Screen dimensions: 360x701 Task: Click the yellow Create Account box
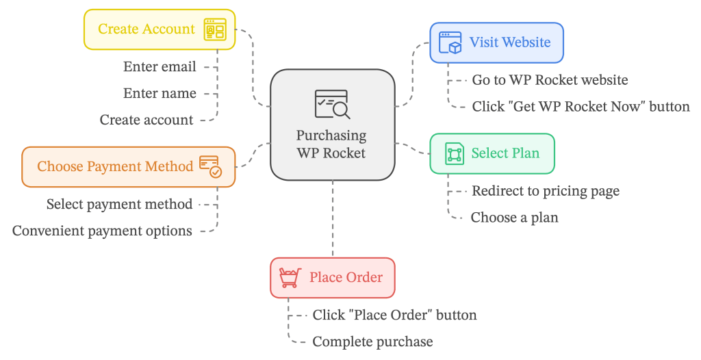(x=159, y=29)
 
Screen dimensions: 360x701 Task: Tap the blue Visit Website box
(x=496, y=42)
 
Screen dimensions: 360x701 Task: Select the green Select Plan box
(x=492, y=153)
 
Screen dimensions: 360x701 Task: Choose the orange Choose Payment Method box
(x=128, y=166)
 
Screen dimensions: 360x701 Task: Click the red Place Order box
(x=332, y=278)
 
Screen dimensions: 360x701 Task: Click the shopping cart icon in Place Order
(x=290, y=278)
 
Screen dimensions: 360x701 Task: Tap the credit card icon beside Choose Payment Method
(x=210, y=166)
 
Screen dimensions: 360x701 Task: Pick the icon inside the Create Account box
(x=215, y=29)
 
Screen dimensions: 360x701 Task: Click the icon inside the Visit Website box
(x=450, y=42)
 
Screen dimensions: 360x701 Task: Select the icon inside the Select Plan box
(x=454, y=153)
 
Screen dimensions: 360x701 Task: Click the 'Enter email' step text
(x=160, y=67)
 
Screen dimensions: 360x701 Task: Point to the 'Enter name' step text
(x=160, y=94)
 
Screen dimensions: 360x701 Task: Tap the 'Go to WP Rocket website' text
(x=550, y=80)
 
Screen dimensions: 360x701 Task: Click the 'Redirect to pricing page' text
(x=545, y=191)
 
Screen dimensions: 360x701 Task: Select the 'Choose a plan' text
(x=514, y=218)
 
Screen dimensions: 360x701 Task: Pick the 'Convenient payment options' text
(x=102, y=231)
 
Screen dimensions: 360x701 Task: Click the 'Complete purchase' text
(x=372, y=342)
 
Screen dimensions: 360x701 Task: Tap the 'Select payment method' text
(x=119, y=205)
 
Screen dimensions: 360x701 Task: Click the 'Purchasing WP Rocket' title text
(x=331, y=144)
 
